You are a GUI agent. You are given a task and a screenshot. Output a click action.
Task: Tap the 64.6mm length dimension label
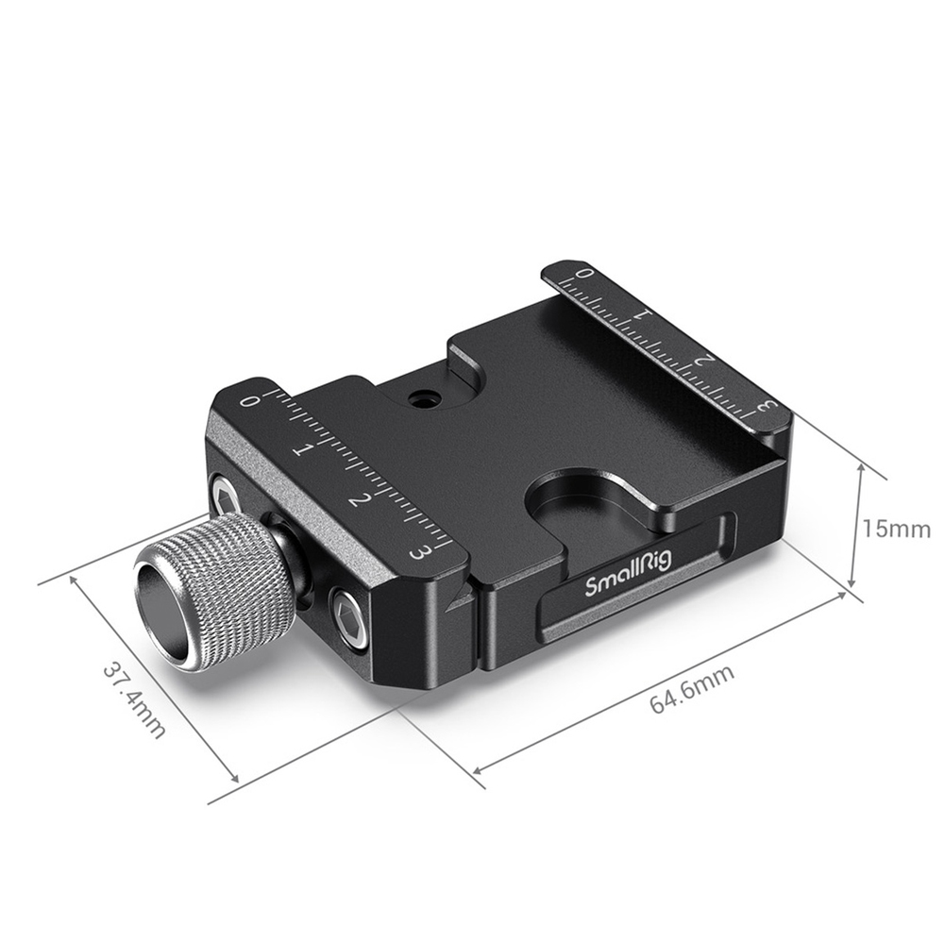692,689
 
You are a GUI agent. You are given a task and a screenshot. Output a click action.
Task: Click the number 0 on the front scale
246,400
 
